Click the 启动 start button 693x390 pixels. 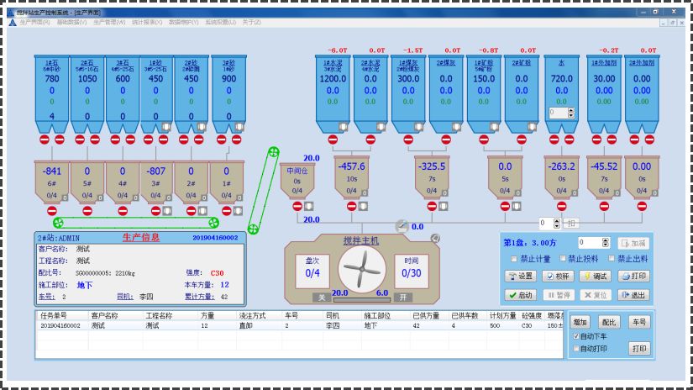pos(521,295)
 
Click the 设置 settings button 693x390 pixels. pos(521,276)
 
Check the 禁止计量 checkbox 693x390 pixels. pos(514,259)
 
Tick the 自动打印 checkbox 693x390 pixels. pos(576,347)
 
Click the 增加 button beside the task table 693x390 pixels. pos(580,322)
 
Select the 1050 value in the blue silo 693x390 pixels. pos(87,79)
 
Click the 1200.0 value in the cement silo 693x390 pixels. pos(333,79)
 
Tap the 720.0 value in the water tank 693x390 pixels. pos(561,79)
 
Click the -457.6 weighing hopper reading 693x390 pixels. pos(351,166)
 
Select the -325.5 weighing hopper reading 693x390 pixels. pos(432,166)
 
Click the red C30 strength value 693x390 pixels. pos(217,273)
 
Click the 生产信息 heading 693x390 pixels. pos(141,238)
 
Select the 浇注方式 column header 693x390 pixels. pos(253,316)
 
